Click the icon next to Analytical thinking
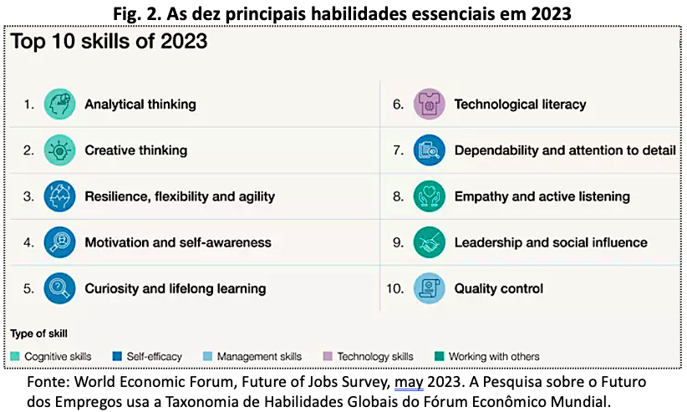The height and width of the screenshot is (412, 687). [59, 104]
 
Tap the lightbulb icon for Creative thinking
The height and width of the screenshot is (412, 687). [59, 150]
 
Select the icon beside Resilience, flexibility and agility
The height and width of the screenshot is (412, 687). [59, 196]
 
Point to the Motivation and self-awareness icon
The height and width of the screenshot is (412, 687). [59, 242]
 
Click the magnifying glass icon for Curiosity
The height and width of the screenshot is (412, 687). [59, 288]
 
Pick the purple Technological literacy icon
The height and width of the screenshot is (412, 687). [430, 104]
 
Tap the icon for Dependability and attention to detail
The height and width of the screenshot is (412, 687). [430, 150]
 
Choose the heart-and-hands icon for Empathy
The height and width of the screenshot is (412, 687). [430, 196]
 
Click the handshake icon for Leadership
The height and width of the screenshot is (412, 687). [430, 242]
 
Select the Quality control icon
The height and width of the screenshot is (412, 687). [430, 288]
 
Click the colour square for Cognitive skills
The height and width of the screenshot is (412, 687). [15, 356]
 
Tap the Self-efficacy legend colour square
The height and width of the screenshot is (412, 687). [117, 356]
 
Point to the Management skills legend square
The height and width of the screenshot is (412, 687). [207, 356]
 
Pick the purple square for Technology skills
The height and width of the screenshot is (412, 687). [328, 356]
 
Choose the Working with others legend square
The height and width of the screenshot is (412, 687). [439, 356]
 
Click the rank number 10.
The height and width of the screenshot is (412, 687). [394, 289]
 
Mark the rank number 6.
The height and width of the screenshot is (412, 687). [398, 104]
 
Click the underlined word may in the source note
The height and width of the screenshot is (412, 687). [409, 383]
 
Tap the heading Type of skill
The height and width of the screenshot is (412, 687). [39, 334]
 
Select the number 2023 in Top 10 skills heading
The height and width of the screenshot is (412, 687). [184, 41]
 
